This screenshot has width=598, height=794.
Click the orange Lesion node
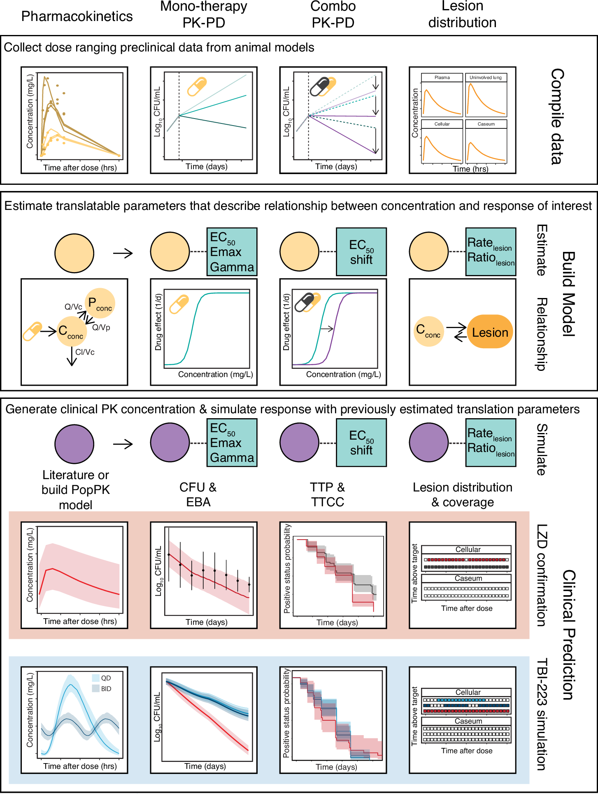[x=490, y=332]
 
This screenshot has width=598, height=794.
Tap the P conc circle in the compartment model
[x=100, y=303]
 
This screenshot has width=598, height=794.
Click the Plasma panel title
[x=442, y=77]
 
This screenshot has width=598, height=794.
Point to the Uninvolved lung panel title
[x=486, y=77]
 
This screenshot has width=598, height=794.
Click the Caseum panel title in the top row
[x=486, y=124]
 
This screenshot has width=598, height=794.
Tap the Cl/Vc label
[x=85, y=352]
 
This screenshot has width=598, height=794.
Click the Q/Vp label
[x=101, y=328]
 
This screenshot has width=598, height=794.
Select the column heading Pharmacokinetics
[x=77, y=16]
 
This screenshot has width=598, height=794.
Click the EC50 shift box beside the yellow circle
[x=361, y=252]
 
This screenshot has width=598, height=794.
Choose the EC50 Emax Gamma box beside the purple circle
[x=232, y=442]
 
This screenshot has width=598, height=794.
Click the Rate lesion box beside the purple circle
[x=491, y=442]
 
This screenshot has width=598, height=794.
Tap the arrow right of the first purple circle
[x=123, y=444]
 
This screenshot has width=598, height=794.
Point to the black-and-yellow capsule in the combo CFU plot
[x=323, y=86]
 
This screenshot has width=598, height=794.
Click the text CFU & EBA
[x=198, y=494]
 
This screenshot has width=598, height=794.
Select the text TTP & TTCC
[x=328, y=494]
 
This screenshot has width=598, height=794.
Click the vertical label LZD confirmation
[x=542, y=575]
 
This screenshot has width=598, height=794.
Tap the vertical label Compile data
[x=557, y=116]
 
